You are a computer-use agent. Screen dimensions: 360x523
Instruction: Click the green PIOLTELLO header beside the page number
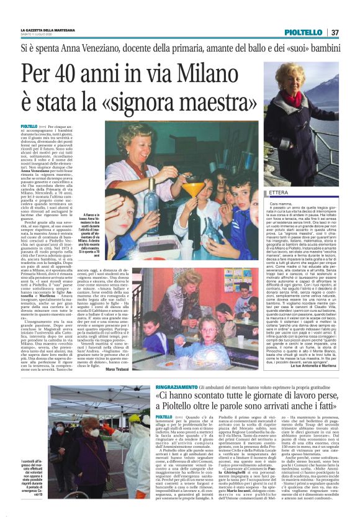(x=305, y=32)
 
